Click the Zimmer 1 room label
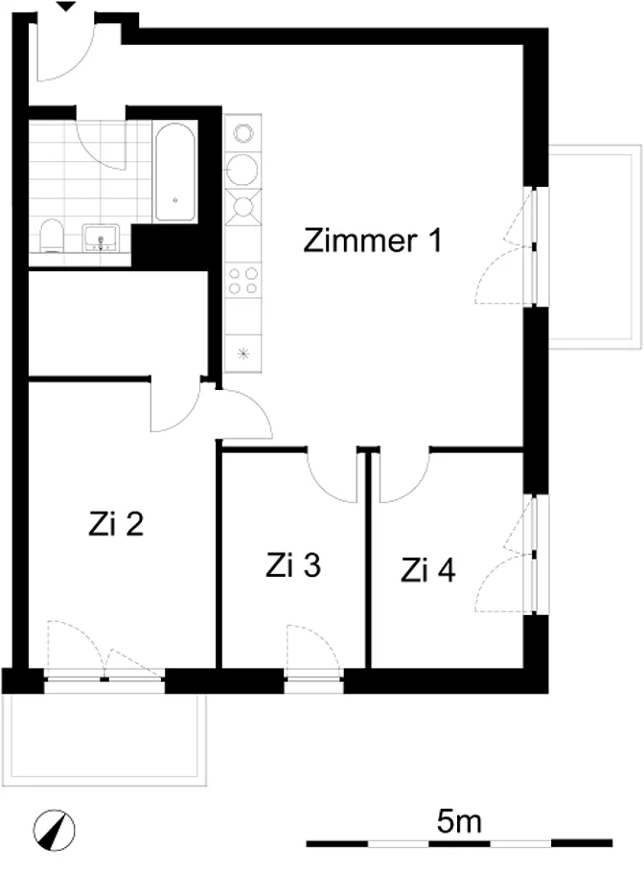373,240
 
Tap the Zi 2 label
116,523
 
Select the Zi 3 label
293,565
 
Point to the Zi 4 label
428,570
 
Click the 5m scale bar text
459,821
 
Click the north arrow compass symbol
54,830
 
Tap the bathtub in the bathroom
174,172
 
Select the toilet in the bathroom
52,236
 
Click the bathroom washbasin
101,238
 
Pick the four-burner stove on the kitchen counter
243,281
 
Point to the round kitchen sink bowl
242,170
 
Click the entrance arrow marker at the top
67,6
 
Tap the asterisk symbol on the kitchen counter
243,353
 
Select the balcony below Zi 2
104,739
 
